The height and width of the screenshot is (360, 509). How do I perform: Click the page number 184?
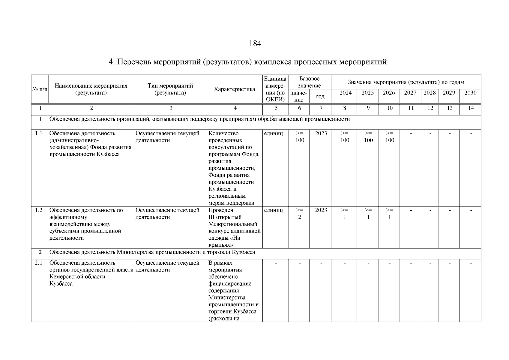(x=255, y=44)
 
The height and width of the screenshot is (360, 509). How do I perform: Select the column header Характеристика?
(x=234, y=89)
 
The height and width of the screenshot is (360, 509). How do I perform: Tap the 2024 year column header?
(x=345, y=93)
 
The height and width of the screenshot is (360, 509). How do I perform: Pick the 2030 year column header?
(x=470, y=93)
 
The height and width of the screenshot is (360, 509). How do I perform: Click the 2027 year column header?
(x=410, y=93)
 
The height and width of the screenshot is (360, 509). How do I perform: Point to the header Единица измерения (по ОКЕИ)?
(x=275, y=89)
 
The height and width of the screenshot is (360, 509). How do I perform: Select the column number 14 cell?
(x=471, y=108)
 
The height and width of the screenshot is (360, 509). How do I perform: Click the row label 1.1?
(x=39, y=133)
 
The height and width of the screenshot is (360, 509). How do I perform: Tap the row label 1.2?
(x=39, y=210)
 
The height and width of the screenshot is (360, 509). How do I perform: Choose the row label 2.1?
(x=39, y=263)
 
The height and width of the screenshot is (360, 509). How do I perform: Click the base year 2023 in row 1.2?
(x=321, y=210)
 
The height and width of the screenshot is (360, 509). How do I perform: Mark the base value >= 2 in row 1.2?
(x=300, y=214)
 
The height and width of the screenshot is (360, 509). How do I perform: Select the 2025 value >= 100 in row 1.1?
(x=368, y=137)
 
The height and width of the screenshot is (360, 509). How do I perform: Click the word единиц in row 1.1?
(x=273, y=133)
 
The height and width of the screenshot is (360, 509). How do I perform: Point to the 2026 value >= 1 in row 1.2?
(x=389, y=214)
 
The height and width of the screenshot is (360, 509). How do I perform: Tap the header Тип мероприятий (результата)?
(x=170, y=89)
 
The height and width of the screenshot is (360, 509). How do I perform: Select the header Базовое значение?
(x=310, y=82)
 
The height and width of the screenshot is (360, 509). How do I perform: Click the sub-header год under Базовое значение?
(x=320, y=97)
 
